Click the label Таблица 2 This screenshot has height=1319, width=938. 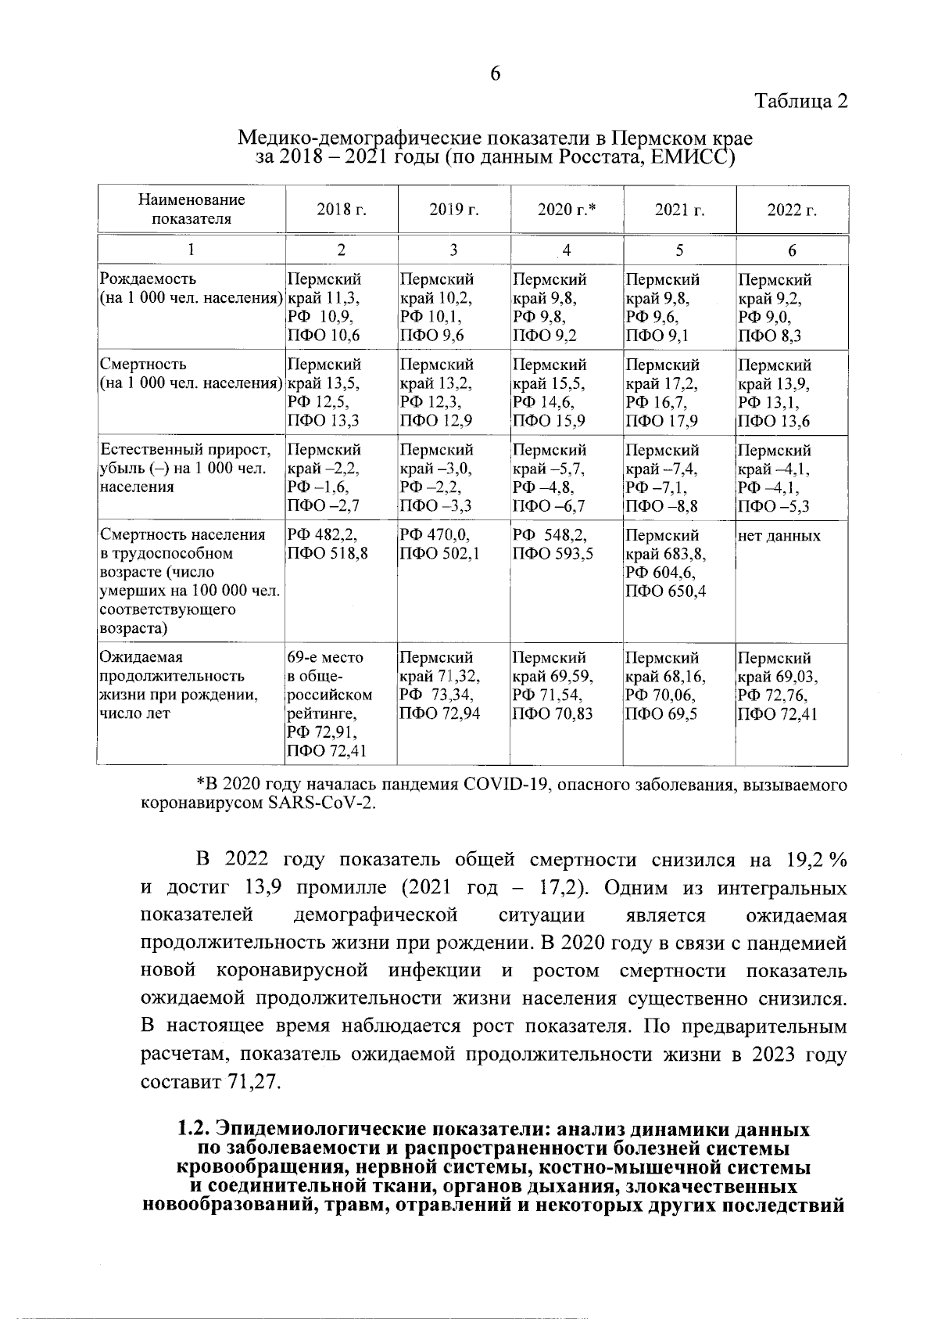coord(801,102)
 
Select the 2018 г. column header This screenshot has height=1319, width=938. coord(342,210)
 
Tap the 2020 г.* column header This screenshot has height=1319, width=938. coord(567,210)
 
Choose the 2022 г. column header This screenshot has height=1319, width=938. coord(792,210)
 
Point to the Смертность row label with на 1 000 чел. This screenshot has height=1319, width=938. coord(190,374)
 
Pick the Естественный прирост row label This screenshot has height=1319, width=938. coord(185,450)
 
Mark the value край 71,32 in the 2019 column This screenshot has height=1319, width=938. coord(439,676)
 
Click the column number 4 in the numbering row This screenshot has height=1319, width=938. coord(567,250)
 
